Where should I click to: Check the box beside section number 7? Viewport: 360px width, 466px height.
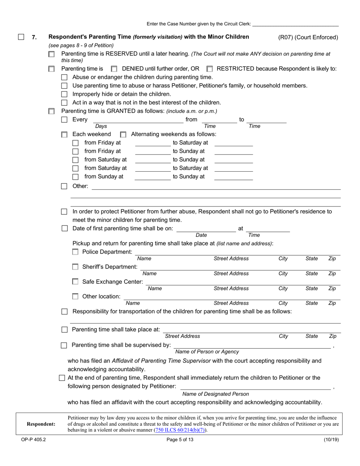(21, 37)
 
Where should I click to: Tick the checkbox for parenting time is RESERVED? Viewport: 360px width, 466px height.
(52, 55)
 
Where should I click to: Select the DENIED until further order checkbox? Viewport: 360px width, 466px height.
(114, 69)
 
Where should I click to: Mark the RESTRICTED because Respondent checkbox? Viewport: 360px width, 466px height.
(210, 69)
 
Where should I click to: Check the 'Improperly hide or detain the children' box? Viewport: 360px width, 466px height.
(64, 94)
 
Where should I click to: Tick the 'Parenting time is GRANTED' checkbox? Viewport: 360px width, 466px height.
(52, 111)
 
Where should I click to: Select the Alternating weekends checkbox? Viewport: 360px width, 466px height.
(123, 134)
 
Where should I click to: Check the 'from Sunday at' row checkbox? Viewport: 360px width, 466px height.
(75, 177)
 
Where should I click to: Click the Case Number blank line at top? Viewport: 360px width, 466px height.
(295, 24)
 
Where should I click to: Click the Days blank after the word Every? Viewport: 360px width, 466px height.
(138, 120)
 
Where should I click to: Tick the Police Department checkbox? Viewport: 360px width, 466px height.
(75, 252)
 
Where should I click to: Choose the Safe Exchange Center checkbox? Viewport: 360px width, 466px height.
(75, 281)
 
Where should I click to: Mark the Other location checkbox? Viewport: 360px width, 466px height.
(75, 296)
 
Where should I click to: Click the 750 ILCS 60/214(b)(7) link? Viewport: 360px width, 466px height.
(180, 430)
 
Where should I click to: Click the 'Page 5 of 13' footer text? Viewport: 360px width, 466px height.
(180, 440)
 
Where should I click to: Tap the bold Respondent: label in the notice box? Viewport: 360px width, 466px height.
(41, 424)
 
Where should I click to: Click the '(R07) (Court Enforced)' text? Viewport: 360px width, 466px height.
(308, 37)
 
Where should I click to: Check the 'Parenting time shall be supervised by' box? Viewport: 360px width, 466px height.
(64, 345)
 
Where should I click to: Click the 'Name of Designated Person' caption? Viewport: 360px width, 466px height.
(216, 394)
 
